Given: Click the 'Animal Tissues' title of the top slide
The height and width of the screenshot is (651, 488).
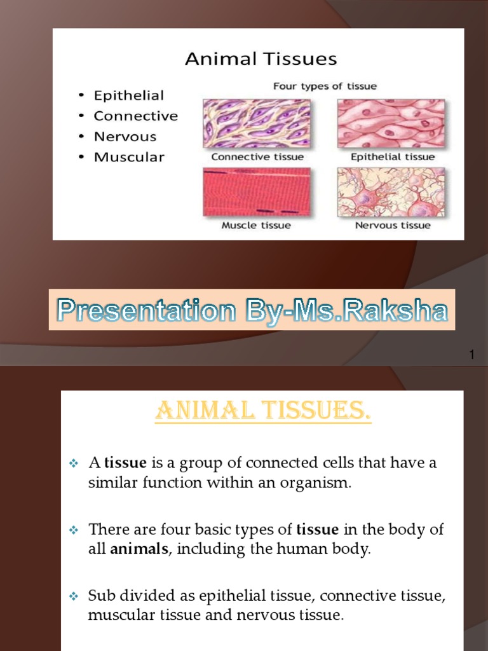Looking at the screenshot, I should pyautogui.click(x=261, y=60).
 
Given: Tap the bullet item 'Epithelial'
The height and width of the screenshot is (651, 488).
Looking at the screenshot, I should pyautogui.click(x=128, y=95).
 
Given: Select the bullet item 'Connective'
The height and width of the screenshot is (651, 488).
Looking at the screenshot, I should pyautogui.click(x=135, y=116).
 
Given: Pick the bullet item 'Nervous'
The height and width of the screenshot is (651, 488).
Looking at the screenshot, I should pyautogui.click(x=125, y=136).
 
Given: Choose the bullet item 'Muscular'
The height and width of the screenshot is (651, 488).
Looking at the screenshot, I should pyautogui.click(x=128, y=156).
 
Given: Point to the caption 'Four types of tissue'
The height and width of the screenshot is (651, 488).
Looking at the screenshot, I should pyautogui.click(x=325, y=86).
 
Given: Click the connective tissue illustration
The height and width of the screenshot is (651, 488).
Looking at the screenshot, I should pyautogui.click(x=257, y=123).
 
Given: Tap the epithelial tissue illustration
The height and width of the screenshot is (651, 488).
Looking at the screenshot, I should pyautogui.click(x=391, y=123).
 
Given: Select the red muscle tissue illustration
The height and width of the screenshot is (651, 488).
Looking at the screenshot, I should pyautogui.click(x=257, y=191).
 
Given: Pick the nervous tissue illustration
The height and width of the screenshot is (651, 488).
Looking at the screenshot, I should pyautogui.click(x=391, y=191).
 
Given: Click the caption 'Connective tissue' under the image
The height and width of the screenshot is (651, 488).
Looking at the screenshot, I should pyautogui.click(x=257, y=156).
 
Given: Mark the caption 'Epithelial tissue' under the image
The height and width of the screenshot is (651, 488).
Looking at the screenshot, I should pyautogui.click(x=393, y=156).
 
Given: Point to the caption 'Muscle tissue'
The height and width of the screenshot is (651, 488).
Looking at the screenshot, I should pyautogui.click(x=256, y=225).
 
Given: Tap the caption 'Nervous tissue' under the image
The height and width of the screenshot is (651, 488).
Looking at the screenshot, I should pyautogui.click(x=392, y=225).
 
